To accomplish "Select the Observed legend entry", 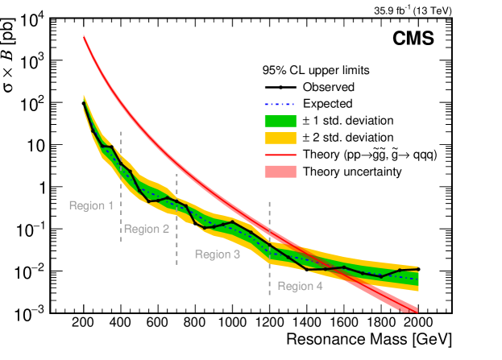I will (x=330, y=87).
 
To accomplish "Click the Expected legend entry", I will (x=329, y=104).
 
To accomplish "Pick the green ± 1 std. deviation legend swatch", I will (x=281, y=121).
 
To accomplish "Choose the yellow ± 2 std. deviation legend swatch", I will (x=281, y=138).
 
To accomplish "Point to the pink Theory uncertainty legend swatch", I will (x=281, y=172).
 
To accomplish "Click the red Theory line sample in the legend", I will (x=281, y=155).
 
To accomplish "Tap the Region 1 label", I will (x=91, y=205).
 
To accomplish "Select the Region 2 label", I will (x=146, y=229).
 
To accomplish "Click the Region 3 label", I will (x=218, y=254).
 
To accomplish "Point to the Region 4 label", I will (x=300, y=286).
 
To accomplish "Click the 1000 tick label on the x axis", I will (x=232, y=324).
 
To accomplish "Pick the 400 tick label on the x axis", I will (x=121, y=324).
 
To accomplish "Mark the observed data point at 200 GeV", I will (x=84, y=103).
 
